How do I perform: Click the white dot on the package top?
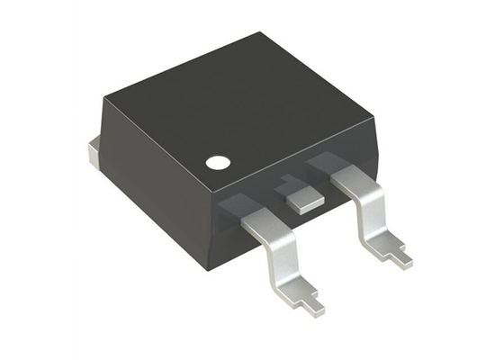(217, 163)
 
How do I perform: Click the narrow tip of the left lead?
(312, 306)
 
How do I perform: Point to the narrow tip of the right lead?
(401, 258)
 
